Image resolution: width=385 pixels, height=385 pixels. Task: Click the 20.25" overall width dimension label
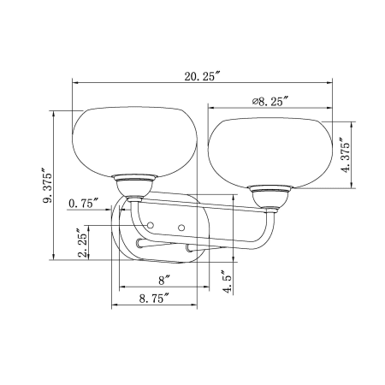203,76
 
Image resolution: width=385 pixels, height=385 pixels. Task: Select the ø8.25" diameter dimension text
270,101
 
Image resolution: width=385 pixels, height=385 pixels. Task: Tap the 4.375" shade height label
346,156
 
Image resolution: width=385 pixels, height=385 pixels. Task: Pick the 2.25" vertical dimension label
83,243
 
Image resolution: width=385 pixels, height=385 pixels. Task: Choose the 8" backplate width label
164,281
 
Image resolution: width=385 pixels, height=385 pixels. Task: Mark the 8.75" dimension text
154,299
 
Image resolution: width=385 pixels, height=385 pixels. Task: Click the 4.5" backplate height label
228,282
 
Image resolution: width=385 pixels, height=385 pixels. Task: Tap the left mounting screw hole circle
151,225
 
